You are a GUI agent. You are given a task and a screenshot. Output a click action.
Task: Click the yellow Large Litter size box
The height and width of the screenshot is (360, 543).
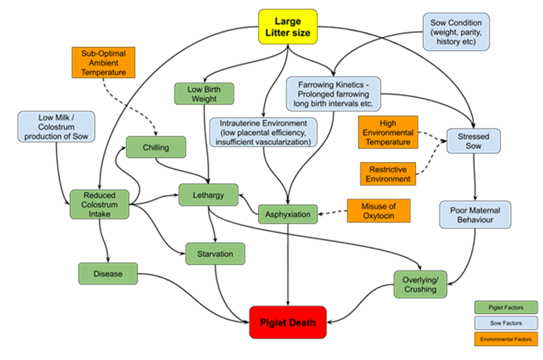288,27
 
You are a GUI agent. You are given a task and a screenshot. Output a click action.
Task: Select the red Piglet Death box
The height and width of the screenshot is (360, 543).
288,322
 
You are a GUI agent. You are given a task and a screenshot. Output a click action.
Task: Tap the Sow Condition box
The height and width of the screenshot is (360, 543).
455,32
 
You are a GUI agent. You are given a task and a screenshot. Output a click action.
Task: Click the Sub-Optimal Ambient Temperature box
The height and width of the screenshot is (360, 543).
102,63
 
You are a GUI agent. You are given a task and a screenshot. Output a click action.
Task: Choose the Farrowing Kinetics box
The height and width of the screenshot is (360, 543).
333,94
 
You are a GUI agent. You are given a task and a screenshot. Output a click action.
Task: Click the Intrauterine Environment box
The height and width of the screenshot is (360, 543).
264,132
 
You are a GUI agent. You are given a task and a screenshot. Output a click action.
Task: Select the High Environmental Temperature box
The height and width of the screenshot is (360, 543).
387,132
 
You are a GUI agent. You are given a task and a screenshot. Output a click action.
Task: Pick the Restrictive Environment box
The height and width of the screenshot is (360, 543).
389,174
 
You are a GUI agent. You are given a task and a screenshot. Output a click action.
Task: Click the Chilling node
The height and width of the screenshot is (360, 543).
156,147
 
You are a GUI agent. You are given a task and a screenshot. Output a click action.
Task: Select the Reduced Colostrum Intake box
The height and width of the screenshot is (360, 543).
100,204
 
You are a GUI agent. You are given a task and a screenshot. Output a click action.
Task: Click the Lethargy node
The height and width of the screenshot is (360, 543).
209,195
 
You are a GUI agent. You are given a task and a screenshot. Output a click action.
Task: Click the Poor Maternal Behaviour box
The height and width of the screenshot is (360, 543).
475,214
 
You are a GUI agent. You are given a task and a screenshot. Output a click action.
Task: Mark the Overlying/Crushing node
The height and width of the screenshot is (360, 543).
420,284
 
